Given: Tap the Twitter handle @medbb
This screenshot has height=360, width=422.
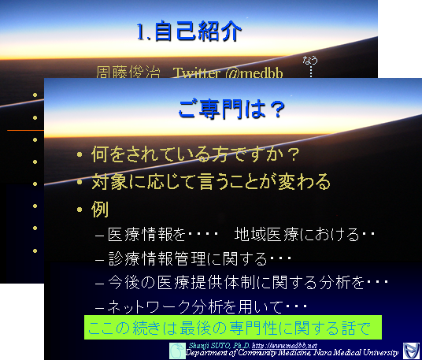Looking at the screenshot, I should click(x=251, y=73).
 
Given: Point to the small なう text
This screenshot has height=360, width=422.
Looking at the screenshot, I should click(x=310, y=59).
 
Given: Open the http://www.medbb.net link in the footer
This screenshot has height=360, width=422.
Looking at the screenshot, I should click(x=289, y=346).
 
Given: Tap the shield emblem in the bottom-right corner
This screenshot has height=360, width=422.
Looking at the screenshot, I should click(x=409, y=350).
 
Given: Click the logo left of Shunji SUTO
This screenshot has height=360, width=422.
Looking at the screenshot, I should click(x=178, y=350).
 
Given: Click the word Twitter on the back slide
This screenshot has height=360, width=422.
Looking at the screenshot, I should click(x=201, y=73).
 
